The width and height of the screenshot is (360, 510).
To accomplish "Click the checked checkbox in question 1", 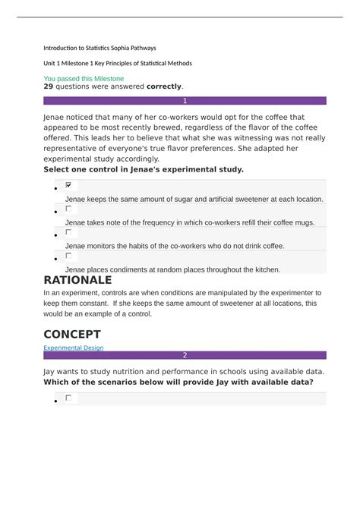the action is (x=69, y=185).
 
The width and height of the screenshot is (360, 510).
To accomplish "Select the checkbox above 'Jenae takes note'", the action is (x=69, y=208).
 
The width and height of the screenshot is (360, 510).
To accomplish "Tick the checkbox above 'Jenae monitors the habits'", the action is (x=69, y=232).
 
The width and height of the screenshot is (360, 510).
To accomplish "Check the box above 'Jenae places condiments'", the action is (x=69, y=256).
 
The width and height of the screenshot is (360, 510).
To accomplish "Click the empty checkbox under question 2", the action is (x=69, y=397).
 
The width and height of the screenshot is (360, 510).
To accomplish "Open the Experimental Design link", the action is (x=74, y=348).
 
